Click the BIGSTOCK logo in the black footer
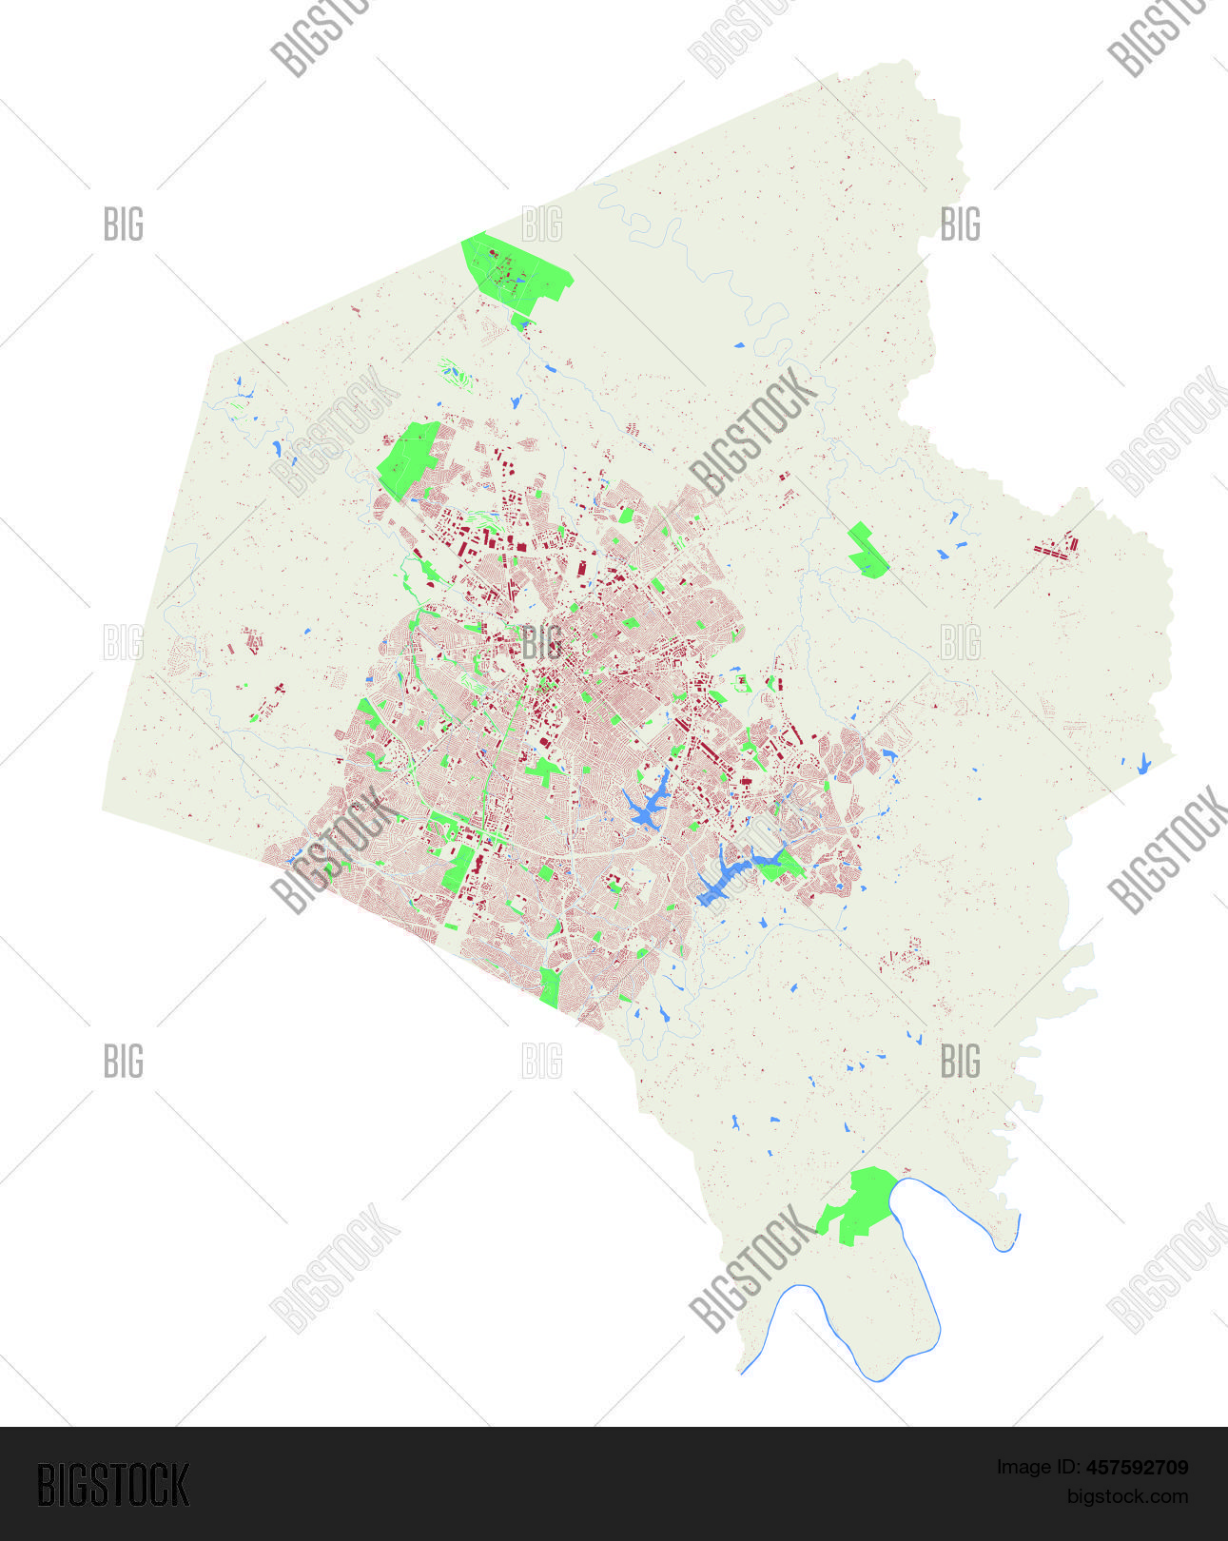pyautogui.click(x=113, y=1485)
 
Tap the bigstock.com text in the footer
pyautogui.click(x=1127, y=1497)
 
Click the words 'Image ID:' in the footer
pyautogui.click(x=1038, y=1468)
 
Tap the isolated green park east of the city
pyautogui.click(x=867, y=551)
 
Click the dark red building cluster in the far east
pyautogui.click(x=1056, y=549)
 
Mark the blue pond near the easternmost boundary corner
pyautogui.click(x=1143, y=763)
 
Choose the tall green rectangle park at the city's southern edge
pyautogui.click(x=549, y=986)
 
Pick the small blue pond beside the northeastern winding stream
pyautogui.click(x=739, y=344)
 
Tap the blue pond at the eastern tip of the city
pyautogui.click(x=889, y=755)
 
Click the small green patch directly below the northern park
pyautogui.click(x=518, y=322)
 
